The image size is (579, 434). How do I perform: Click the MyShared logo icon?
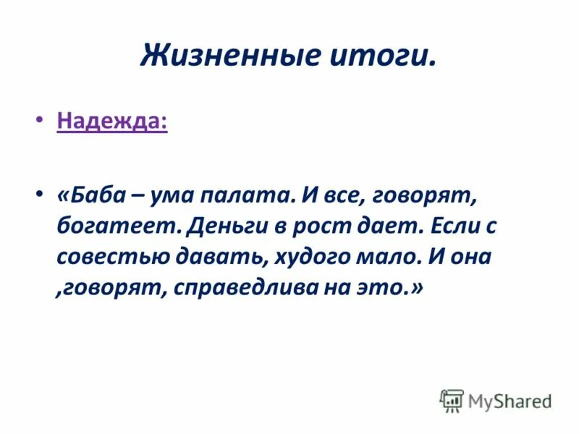[x=452, y=400]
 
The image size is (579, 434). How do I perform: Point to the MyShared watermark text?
[x=510, y=401]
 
